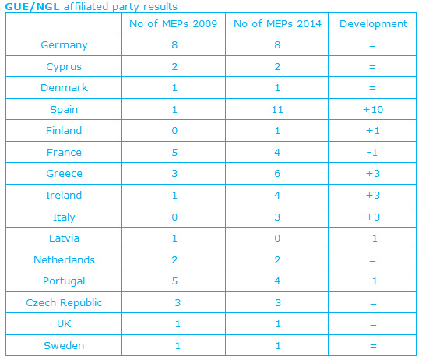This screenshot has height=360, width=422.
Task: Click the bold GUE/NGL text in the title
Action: pyautogui.click(x=32, y=7)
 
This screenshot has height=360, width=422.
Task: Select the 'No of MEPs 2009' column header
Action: pyautogui.click(x=174, y=23)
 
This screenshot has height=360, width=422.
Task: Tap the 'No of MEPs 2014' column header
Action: pyautogui.click(x=277, y=23)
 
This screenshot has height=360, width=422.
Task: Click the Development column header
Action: pyautogui.click(x=373, y=23)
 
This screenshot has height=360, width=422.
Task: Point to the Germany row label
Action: pyautogui.click(x=64, y=45)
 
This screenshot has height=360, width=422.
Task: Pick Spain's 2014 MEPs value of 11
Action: pyautogui.click(x=277, y=110)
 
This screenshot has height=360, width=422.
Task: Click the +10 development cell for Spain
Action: pyautogui.click(x=373, y=110)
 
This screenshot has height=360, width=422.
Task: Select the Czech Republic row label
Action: pyautogui.click(x=64, y=303)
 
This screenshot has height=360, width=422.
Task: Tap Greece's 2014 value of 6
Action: pyautogui.click(x=277, y=174)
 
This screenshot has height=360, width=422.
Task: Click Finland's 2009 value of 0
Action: pyautogui.click(x=174, y=131)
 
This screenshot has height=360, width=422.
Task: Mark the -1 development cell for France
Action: pyautogui.click(x=372, y=153)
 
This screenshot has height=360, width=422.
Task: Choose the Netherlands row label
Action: pyautogui.click(x=64, y=259)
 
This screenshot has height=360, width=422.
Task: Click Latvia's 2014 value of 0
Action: pyautogui.click(x=277, y=238)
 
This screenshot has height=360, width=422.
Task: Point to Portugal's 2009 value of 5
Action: pyautogui.click(x=174, y=281)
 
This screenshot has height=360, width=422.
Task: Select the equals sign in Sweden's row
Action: pyautogui.click(x=373, y=346)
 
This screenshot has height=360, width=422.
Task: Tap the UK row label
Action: pyautogui.click(x=64, y=324)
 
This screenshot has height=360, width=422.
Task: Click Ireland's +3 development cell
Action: pyautogui.click(x=373, y=196)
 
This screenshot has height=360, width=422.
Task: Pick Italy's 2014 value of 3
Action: pyautogui.click(x=277, y=217)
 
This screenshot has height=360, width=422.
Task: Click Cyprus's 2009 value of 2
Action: pyautogui.click(x=174, y=67)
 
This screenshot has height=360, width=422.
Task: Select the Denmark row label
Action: pyautogui.click(x=64, y=88)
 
